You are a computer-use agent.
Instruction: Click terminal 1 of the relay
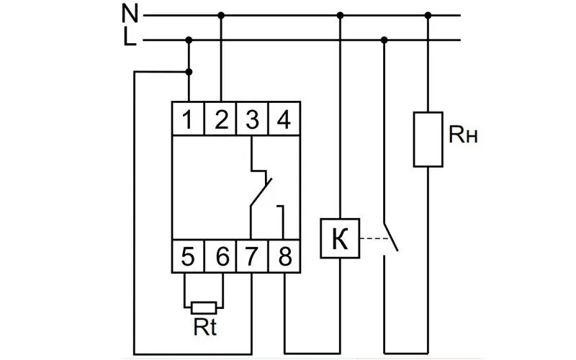point(188,119)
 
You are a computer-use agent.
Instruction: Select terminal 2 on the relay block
point(220,119)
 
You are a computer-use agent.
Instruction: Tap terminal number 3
point(252,119)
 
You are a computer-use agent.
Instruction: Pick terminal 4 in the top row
point(284,119)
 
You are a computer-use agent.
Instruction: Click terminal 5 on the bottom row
point(188,256)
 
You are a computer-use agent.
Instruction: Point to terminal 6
point(220,256)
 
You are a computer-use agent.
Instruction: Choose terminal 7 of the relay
point(252,256)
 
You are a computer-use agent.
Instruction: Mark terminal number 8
point(284,256)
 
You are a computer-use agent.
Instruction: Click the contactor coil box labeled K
point(340,238)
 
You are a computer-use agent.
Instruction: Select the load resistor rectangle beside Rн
point(428,140)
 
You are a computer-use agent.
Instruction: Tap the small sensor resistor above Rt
point(204,308)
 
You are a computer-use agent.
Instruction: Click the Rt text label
point(205,327)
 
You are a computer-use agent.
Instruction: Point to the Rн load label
point(463,135)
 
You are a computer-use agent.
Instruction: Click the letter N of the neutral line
point(130,14)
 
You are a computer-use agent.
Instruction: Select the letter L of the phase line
point(130,37)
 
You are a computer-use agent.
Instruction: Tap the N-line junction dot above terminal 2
point(221,15)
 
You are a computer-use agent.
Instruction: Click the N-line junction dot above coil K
point(340,15)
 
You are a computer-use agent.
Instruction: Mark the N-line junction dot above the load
point(428,15)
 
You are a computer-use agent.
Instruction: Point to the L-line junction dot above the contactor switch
point(384,40)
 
